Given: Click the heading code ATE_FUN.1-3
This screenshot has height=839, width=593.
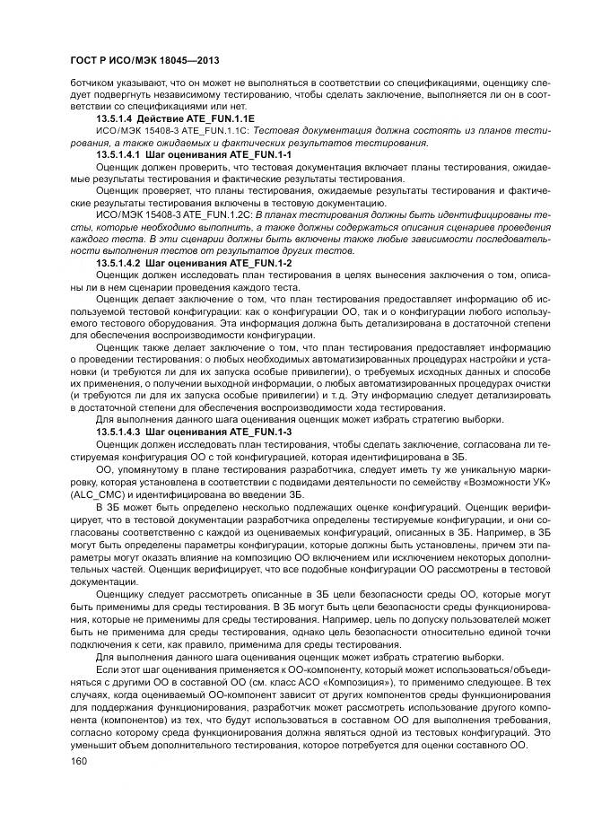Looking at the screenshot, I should coord(264,431).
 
